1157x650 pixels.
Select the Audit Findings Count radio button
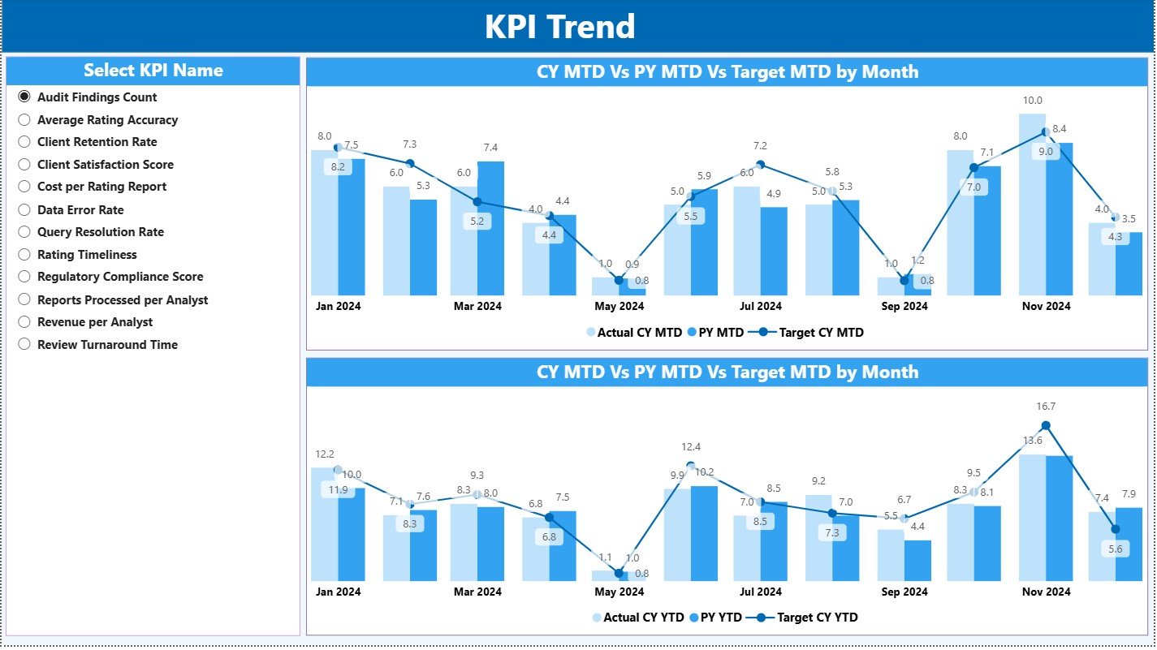click(x=24, y=97)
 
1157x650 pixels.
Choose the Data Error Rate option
click(x=24, y=210)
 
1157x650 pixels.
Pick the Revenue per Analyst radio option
click(x=24, y=322)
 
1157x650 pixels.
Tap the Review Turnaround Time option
click(x=24, y=345)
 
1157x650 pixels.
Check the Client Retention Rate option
click(x=24, y=142)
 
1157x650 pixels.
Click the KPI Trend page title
click(x=559, y=27)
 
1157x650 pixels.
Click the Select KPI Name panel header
click(x=153, y=71)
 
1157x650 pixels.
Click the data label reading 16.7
click(x=1046, y=407)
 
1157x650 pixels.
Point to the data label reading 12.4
click(x=691, y=447)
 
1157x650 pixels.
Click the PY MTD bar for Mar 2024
click(x=490, y=228)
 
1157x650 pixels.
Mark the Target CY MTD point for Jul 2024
click(x=761, y=165)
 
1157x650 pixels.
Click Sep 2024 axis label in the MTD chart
click(x=904, y=307)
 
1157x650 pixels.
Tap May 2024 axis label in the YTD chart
click(x=619, y=592)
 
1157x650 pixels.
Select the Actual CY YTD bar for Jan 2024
click(x=324, y=524)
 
